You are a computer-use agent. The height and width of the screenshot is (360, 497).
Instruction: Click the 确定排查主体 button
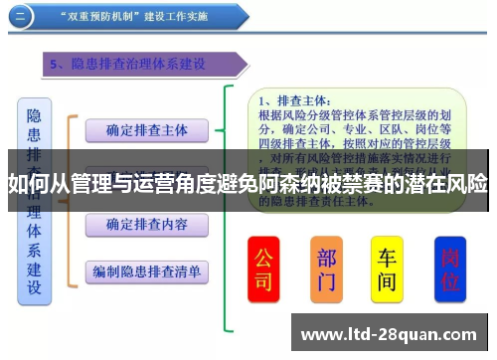click(x=146, y=130)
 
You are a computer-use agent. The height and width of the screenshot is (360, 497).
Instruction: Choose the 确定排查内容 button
click(x=146, y=224)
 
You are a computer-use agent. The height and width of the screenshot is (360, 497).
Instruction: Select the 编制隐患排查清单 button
click(x=146, y=270)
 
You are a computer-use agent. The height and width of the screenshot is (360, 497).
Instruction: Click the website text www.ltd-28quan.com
click(x=391, y=334)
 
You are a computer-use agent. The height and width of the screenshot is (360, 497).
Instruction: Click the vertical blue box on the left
click(x=34, y=199)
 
